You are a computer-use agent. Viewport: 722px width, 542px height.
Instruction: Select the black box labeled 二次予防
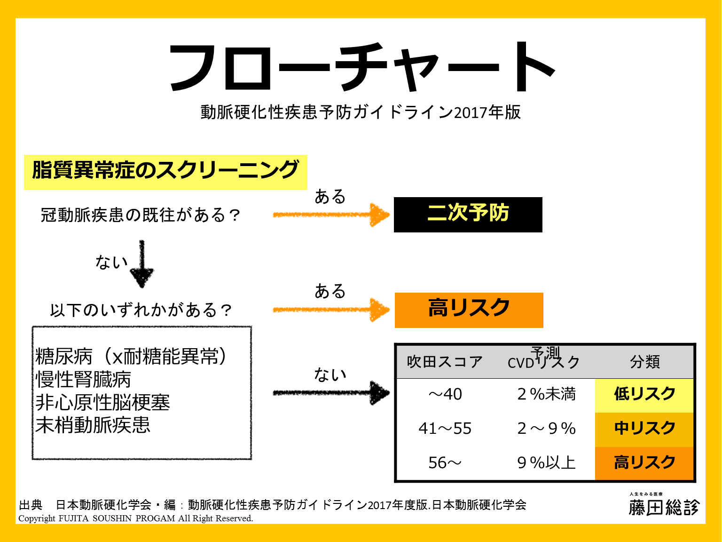click(x=468, y=214)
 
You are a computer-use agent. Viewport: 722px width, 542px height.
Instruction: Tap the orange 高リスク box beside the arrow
click(x=469, y=310)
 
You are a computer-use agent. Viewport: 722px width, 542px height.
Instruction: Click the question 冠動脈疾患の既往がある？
click(x=141, y=215)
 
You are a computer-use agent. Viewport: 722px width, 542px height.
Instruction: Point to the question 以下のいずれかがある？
click(x=141, y=311)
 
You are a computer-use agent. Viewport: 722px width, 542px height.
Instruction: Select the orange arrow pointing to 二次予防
click(x=331, y=215)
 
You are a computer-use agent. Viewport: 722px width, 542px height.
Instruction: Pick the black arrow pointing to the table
click(x=331, y=393)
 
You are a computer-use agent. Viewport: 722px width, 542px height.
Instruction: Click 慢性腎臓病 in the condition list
click(x=83, y=380)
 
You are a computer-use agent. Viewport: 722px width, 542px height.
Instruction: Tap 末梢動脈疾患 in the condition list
click(x=93, y=425)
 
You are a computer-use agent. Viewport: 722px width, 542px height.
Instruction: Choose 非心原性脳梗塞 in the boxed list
click(x=102, y=403)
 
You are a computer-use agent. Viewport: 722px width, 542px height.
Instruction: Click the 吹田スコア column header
click(x=445, y=362)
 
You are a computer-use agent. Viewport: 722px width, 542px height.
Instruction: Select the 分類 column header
click(x=645, y=362)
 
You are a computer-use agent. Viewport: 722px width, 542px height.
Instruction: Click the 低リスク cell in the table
click(x=644, y=394)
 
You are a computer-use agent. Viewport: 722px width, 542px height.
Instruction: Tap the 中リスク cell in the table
click(x=644, y=429)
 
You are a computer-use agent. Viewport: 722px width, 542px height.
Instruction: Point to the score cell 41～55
click(x=445, y=429)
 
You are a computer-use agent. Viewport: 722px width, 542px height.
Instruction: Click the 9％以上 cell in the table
click(x=546, y=463)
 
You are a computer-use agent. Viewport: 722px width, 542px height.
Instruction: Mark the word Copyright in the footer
click(x=37, y=518)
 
